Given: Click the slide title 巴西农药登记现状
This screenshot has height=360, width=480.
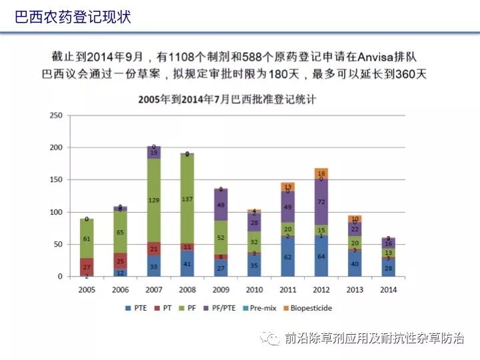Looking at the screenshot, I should tap(73, 17).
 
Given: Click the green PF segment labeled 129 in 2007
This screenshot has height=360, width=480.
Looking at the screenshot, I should tap(154, 200).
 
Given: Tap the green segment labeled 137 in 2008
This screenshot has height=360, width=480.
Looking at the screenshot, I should tap(187, 199).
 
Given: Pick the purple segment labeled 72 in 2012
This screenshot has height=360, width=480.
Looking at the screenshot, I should tap(321, 201).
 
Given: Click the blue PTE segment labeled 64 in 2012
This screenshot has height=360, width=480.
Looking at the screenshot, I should tap(321, 256).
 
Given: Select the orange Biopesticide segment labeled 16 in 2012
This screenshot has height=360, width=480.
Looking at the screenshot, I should tap(321, 173).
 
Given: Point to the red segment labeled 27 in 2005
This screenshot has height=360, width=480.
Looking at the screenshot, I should tap(87, 266).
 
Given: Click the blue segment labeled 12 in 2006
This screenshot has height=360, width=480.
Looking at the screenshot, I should tap(120, 273).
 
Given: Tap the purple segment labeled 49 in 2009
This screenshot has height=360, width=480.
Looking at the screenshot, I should tap(221, 205).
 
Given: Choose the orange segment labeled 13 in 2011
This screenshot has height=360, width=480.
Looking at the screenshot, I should tap(287, 187).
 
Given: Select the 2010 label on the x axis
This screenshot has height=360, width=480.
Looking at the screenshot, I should tap(254, 291).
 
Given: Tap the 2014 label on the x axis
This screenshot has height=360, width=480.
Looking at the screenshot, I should tap(387, 291).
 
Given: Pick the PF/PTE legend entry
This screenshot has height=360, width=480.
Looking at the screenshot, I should tap(217, 309).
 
